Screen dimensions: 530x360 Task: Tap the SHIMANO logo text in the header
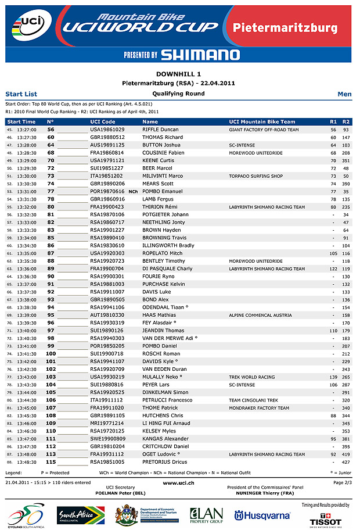coord(200,55)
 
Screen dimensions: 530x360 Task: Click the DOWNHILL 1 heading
coord(179,74)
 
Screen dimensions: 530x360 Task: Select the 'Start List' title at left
coord(21,94)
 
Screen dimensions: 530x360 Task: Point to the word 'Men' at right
coord(344,94)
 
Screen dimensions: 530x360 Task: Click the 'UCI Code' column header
coord(103,122)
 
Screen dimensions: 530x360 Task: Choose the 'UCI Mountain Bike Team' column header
coord(262,122)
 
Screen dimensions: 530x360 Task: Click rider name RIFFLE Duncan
coord(160,130)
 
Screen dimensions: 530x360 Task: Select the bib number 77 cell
coord(51,191)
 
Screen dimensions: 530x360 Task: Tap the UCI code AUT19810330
coord(107,314)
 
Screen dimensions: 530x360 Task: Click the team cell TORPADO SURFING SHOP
coord(255,176)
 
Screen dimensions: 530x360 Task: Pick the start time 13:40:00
coord(27,330)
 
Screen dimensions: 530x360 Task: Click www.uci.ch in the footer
coord(178,482)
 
